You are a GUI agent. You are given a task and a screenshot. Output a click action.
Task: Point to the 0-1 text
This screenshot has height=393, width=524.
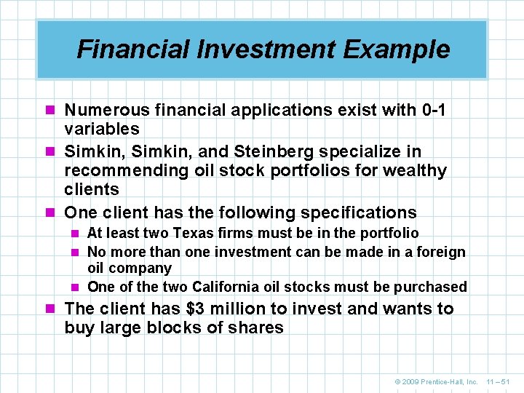tap(434, 110)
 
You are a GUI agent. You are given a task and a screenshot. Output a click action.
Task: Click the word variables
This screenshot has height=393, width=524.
tap(102, 129)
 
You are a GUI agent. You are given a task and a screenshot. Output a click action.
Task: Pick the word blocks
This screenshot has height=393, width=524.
tap(172, 327)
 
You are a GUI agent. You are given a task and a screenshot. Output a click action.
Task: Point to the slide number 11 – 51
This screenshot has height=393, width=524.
tap(499, 381)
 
